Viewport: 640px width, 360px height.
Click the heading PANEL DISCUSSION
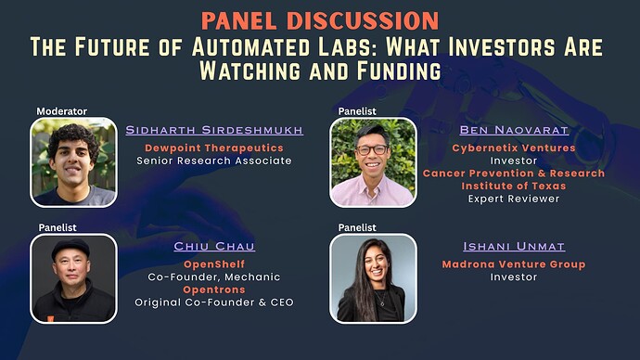(319, 19)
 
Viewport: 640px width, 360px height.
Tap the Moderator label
(61, 111)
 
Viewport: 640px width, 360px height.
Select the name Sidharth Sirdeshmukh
(214, 130)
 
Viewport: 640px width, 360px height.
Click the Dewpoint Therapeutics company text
(214, 147)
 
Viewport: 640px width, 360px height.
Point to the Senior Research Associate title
(214, 161)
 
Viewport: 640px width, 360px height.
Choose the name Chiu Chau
(214, 247)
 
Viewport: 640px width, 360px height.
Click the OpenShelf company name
(214, 264)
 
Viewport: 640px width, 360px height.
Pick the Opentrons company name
(214, 289)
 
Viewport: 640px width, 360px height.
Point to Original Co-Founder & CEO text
(214, 302)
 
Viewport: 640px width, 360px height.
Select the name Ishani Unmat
(513, 247)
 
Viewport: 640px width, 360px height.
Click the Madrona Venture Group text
(513, 264)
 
